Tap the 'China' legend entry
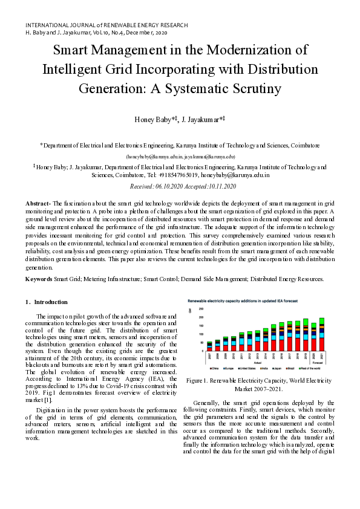tap(214, 367)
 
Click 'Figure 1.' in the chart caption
tap(199, 381)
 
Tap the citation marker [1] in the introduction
tap(48, 400)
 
